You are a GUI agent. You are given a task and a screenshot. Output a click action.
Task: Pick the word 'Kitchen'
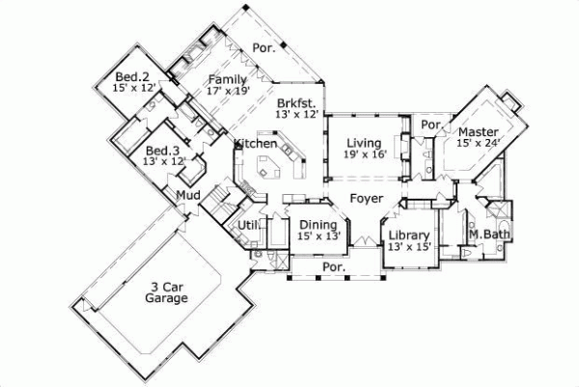click(x=256, y=144)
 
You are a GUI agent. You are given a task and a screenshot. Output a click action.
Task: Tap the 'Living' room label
click(x=364, y=144)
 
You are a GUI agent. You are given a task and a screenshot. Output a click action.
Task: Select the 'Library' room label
click(x=407, y=235)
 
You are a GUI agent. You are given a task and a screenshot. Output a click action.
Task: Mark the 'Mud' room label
click(x=187, y=198)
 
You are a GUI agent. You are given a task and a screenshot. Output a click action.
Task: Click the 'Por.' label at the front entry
click(x=334, y=266)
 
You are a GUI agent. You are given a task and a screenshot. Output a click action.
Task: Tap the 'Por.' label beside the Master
click(x=431, y=124)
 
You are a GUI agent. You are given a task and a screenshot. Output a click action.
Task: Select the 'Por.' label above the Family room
click(x=263, y=46)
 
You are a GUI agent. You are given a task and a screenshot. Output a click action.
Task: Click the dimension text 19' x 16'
click(x=364, y=155)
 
